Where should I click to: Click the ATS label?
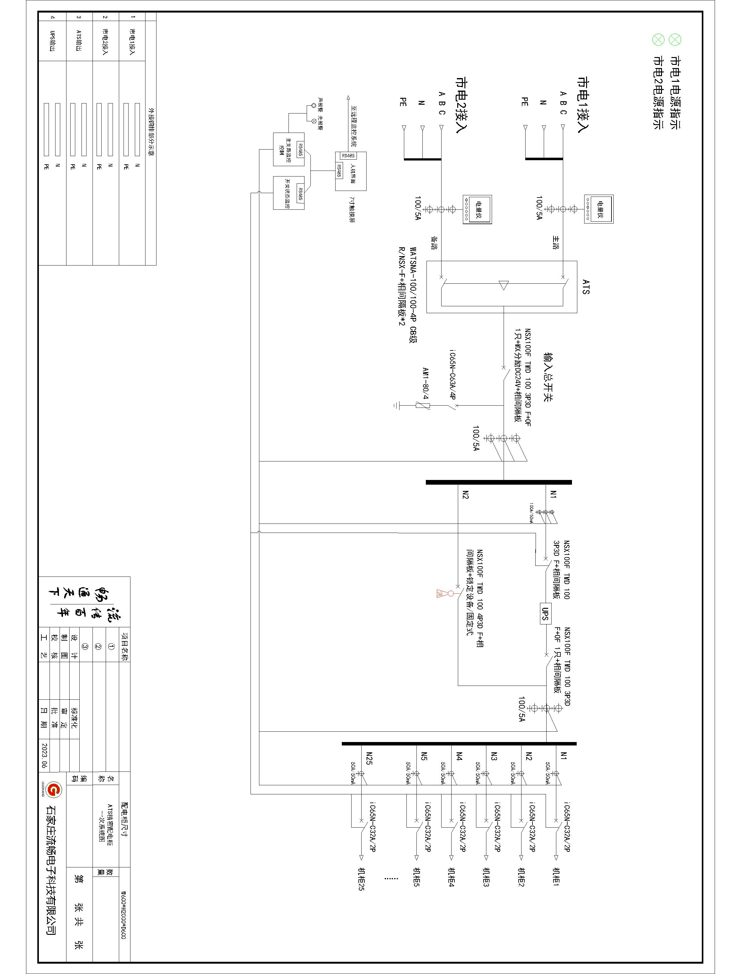pyautogui.click(x=586, y=286)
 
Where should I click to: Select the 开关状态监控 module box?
pyautogui.click(x=289, y=193)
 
